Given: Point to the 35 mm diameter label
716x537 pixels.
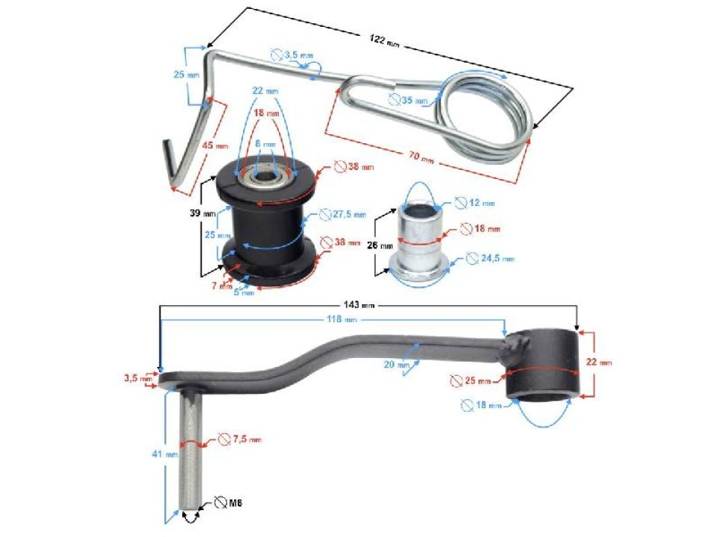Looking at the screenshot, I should (415, 100).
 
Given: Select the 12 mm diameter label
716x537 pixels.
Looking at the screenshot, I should (482, 203).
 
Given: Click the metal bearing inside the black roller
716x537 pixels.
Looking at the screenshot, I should (265, 178).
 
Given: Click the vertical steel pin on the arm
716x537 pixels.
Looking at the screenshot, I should (191, 447).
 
